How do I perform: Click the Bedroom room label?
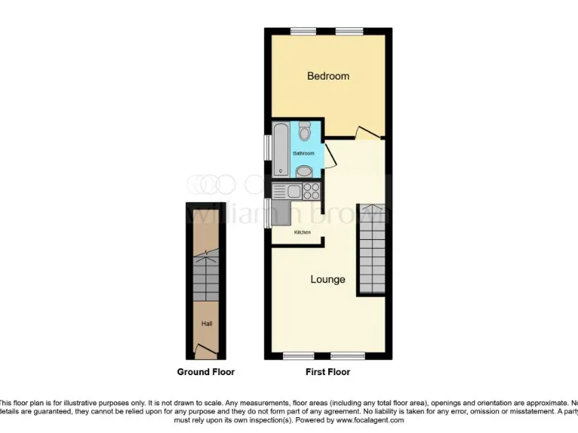[328, 76]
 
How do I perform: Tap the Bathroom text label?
[303, 153]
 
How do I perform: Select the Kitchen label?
[303, 232]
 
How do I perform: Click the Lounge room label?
[328, 280]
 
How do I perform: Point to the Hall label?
[206, 324]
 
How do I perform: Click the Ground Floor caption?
[205, 372]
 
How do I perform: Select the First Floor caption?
[328, 372]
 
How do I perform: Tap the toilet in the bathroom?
[304, 133]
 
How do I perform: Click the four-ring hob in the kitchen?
[310, 189]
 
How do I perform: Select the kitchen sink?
[286, 190]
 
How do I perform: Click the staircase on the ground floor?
[206, 277]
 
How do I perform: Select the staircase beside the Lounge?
[371, 249]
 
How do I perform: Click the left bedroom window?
[303, 31]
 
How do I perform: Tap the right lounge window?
[349, 355]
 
